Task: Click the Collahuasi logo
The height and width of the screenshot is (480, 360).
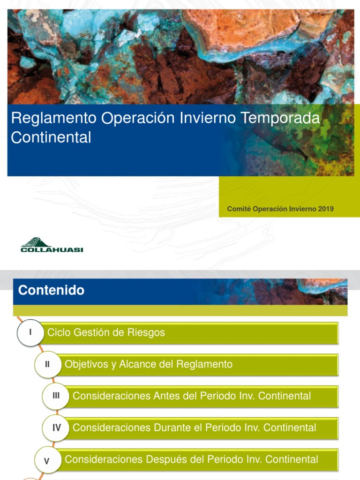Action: click(x=52, y=245)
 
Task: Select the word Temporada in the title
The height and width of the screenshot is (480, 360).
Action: click(x=280, y=118)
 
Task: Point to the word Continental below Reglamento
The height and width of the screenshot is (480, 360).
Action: click(x=51, y=137)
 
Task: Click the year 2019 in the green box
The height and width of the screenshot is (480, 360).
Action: click(x=325, y=209)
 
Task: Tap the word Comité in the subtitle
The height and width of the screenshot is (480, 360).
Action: click(x=239, y=209)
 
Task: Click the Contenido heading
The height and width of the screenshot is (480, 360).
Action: click(x=52, y=291)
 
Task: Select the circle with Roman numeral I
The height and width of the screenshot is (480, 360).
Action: click(x=30, y=333)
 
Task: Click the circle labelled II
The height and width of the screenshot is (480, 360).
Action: click(x=47, y=364)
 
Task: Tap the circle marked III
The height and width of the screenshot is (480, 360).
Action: click(x=56, y=396)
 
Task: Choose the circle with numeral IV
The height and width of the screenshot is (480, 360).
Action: click(x=56, y=427)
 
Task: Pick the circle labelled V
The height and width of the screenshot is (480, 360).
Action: click(x=47, y=461)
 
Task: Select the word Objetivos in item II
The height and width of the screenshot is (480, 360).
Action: click(x=86, y=364)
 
